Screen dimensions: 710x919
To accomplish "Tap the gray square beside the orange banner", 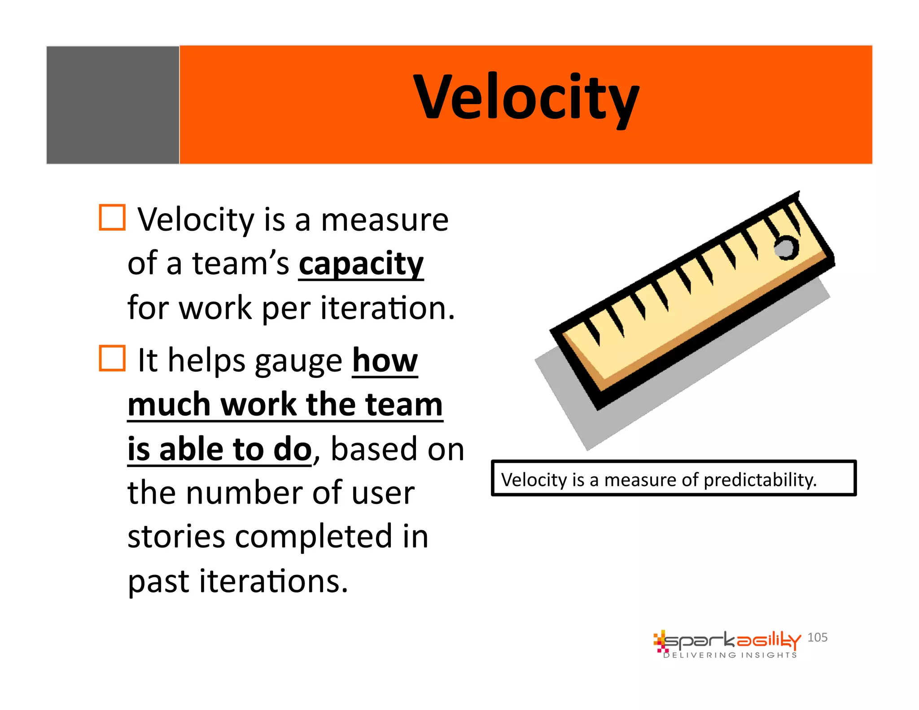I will pos(113,105).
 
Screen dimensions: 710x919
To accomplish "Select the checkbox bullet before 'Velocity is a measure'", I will pos(112,218).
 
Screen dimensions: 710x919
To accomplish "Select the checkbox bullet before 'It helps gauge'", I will pos(112,358).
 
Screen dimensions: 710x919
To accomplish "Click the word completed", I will pos(314,537).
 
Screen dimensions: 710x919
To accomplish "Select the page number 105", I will pos(817,637).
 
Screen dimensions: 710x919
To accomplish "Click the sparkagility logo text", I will pos(731,640).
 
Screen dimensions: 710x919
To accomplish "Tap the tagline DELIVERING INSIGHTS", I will pos(730,655).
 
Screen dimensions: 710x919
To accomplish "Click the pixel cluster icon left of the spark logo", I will pos(660,641).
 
